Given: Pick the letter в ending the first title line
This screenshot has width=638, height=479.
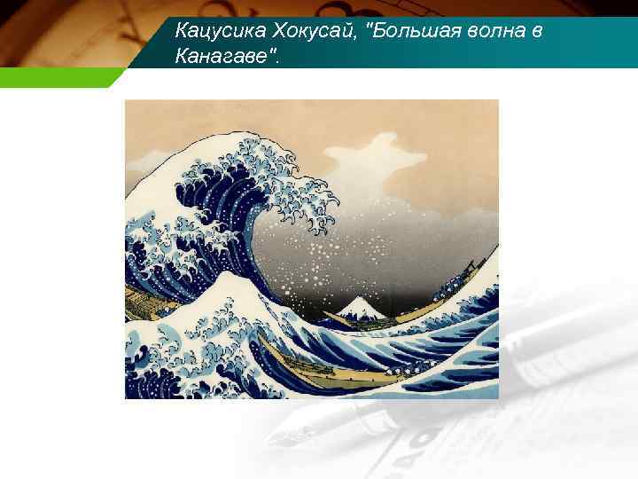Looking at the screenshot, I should [537, 32].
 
